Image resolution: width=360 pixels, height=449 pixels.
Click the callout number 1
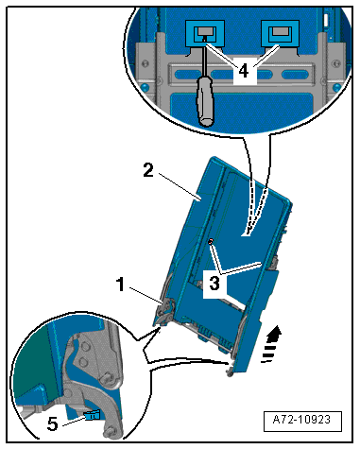(x=121, y=285)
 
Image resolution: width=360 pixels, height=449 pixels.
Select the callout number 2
(x=148, y=170)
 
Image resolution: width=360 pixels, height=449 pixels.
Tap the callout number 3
(x=214, y=283)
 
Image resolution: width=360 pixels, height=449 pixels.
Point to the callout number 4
(x=244, y=71)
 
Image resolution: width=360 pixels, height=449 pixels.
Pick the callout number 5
(x=53, y=423)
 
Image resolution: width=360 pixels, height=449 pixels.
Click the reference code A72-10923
(x=302, y=420)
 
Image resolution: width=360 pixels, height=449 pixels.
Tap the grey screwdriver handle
(x=205, y=102)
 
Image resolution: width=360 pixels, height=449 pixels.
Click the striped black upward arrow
(x=271, y=344)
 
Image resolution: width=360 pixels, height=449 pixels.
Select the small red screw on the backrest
(x=211, y=241)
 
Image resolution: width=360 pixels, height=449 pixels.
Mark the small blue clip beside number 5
(x=92, y=415)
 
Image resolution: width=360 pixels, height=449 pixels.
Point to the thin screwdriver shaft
(x=205, y=59)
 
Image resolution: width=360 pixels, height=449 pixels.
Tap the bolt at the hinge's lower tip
(x=111, y=432)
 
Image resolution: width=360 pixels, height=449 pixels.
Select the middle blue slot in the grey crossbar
(x=241, y=75)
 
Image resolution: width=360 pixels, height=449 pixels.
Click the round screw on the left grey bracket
(x=146, y=64)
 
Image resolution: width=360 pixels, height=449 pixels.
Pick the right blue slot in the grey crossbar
(x=295, y=75)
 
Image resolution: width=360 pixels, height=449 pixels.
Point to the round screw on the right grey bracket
(x=336, y=64)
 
